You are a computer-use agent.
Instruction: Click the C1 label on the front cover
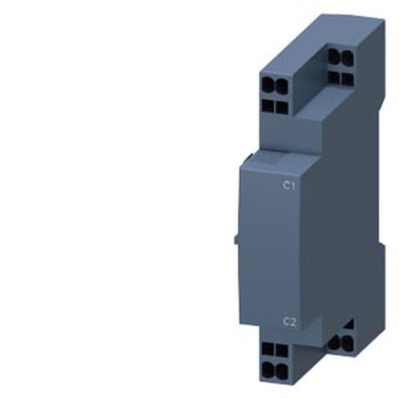(289, 186)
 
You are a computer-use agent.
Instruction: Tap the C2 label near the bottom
(290, 322)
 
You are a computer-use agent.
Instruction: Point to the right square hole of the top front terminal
(282, 107)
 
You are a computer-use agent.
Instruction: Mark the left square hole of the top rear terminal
(334, 77)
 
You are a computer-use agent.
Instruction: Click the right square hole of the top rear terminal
(347, 79)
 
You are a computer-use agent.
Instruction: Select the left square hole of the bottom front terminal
(268, 350)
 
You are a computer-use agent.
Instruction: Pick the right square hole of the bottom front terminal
(282, 351)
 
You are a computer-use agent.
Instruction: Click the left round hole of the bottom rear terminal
(334, 343)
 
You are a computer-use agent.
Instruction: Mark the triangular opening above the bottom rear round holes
(350, 325)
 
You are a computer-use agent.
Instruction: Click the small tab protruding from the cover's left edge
(237, 240)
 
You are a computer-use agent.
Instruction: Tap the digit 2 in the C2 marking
(294, 322)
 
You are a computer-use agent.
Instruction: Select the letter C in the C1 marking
(286, 186)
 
